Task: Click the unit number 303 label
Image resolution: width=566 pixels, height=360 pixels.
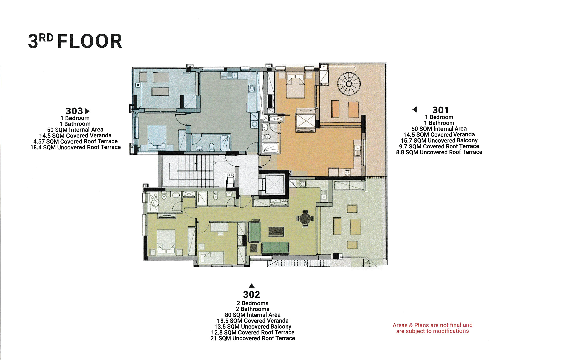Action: tap(74, 111)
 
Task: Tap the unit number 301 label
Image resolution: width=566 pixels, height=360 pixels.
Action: tap(440, 110)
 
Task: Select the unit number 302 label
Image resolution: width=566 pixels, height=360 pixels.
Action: tap(251, 295)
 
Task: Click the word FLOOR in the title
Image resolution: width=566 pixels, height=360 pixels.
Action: tap(90, 41)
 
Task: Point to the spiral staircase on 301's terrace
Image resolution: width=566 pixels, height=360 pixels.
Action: tap(349, 84)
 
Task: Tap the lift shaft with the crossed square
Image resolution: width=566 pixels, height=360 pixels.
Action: tap(273, 184)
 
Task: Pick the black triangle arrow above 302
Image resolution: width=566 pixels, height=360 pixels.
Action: tap(251, 286)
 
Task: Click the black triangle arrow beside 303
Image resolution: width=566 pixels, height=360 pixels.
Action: tap(87, 111)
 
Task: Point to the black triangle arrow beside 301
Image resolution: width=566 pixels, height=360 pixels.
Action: tap(415, 109)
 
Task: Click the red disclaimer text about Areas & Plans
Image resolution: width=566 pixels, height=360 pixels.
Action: tap(432, 328)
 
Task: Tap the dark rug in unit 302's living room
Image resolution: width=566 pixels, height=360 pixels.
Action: tap(276, 232)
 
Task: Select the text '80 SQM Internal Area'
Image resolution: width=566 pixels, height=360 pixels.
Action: tap(253, 315)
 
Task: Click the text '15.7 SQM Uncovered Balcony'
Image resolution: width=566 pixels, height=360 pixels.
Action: tap(439, 140)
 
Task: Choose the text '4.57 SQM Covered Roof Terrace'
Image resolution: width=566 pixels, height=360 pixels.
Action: tap(76, 141)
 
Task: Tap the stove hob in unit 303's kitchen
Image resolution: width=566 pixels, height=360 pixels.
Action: tap(252, 88)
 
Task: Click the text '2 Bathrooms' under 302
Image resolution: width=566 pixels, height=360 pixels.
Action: tap(253, 309)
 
